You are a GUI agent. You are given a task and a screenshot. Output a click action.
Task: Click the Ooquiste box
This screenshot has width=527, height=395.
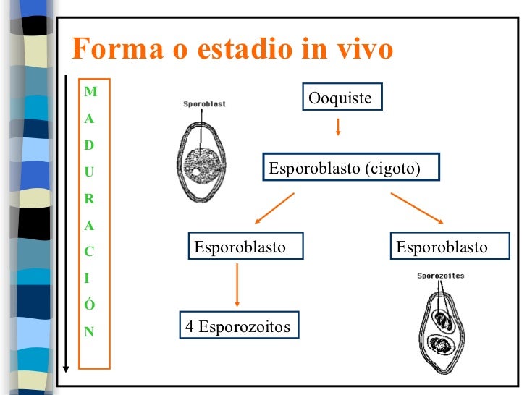(342, 97)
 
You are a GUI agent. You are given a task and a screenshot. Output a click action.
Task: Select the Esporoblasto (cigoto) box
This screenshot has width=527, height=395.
(351, 167)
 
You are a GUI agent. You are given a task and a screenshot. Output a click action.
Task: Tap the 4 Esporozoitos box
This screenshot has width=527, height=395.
(240, 325)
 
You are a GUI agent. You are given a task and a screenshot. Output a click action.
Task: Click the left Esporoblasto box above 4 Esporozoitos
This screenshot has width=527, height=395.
(245, 245)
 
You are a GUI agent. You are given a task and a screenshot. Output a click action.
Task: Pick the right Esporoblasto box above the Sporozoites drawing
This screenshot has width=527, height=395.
(450, 245)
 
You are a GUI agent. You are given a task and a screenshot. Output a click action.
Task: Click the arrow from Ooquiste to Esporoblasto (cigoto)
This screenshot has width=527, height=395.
(338, 127)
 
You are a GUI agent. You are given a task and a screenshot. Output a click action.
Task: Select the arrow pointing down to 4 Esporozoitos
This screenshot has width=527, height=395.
(237, 285)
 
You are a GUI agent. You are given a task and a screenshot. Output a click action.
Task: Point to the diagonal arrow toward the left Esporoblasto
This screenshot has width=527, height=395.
(274, 208)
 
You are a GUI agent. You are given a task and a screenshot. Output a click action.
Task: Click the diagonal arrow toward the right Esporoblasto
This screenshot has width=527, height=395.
(417, 208)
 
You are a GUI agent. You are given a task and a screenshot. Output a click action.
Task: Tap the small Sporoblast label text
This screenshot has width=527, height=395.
(204, 104)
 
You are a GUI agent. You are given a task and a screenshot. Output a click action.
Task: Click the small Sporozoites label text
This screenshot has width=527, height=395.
(441, 276)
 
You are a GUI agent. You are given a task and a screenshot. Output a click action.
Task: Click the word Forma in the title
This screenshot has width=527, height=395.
(117, 48)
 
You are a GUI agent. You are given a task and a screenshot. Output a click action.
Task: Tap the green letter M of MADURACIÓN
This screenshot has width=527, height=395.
(90, 91)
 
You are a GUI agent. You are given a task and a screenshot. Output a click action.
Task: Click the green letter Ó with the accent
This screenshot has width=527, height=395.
(90, 303)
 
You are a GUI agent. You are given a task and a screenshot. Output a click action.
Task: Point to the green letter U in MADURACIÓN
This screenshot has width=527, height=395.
(89, 172)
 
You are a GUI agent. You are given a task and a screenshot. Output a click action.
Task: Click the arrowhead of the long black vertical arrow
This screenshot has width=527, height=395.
(66, 369)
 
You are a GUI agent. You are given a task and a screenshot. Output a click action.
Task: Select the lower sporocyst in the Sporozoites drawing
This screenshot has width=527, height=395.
(441, 344)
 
